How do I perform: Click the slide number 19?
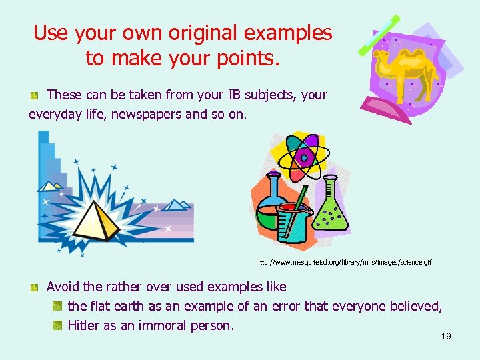coord(446,336)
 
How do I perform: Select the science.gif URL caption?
coord(343,263)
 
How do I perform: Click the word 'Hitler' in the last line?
coord(85,325)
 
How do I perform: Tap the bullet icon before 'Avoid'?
coord(34,287)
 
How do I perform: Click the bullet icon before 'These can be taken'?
coord(34,96)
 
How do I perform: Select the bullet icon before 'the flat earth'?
coord(57,307)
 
